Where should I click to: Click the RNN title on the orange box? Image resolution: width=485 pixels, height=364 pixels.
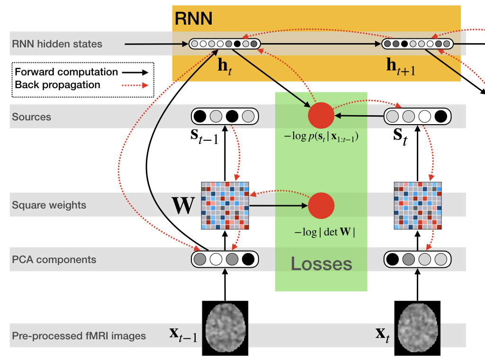[x=193, y=18]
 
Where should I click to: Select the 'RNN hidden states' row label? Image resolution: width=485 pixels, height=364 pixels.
[x=57, y=44]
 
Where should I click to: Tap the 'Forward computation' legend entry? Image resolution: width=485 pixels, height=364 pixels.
[x=66, y=73]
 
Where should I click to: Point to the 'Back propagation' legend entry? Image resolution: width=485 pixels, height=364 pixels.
[x=58, y=85]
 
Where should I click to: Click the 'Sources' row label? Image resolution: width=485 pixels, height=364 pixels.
[x=31, y=117]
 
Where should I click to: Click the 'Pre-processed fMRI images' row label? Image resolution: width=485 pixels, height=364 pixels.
[x=79, y=336]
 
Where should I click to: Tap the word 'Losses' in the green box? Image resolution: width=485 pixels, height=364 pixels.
[x=321, y=264]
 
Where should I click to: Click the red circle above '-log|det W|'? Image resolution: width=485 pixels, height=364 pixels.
[x=321, y=205]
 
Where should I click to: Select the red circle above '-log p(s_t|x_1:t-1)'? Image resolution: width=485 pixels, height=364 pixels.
[x=321, y=116]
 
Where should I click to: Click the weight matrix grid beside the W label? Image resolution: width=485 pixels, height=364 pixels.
[x=225, y=205]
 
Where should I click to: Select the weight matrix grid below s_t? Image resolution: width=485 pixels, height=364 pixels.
[x=417, y=205]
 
